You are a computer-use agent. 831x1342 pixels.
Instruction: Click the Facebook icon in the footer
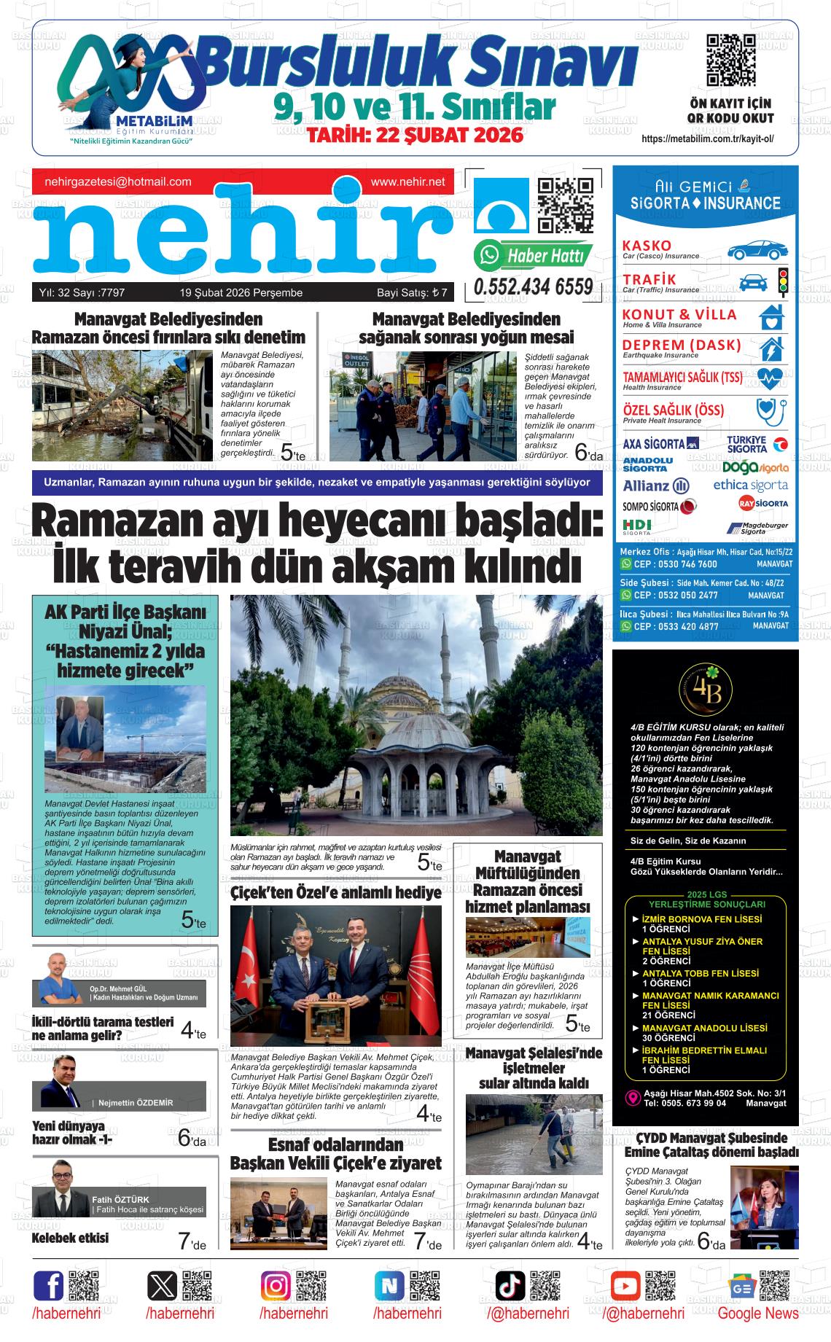(48, 1285)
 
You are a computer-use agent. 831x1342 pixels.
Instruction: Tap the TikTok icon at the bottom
(510, 1285)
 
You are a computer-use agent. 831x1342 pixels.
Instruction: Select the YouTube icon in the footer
(625, 1285)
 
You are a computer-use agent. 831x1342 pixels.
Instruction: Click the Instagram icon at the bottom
(276, 1285)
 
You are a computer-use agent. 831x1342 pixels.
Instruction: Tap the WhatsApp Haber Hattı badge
(533, 255)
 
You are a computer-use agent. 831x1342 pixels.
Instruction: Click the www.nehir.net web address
(407, 182)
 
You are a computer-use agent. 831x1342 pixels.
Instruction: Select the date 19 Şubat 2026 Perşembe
(241, 293)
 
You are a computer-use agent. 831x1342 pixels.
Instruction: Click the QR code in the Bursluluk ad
(730, 60)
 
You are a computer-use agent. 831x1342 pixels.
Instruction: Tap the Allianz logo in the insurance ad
(655, 485)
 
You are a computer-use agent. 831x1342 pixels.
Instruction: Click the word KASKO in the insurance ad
(647, 245)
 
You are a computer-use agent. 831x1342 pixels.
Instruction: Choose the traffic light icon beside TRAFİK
(783, 281)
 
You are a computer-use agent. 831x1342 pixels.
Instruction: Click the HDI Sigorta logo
(637, 526)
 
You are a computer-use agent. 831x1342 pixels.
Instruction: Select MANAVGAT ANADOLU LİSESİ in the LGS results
(704, 1028)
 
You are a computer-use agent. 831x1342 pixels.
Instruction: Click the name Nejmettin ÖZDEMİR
(136, 1103)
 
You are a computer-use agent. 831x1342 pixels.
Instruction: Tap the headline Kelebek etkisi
(70, 1238)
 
